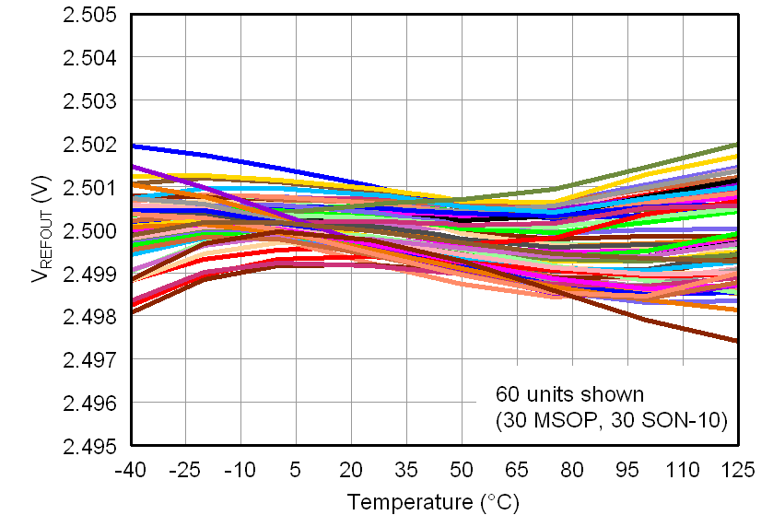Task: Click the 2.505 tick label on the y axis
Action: [89, 16]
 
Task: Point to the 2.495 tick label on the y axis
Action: [89, 446]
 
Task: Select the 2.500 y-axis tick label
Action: [89, 230]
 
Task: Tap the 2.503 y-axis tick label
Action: [89, 101]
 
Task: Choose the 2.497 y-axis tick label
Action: [89, 359]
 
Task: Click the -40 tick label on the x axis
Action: [130, 470]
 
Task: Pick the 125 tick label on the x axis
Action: [737, 470]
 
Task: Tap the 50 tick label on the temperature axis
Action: [462, 470]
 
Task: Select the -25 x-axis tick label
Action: [185, 470]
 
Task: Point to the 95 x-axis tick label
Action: [627, 470]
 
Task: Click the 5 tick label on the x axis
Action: [296, 470]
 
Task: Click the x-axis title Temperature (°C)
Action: [433, 502]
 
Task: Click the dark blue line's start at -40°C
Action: [132, 146]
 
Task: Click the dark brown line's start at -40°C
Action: [132, 312]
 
